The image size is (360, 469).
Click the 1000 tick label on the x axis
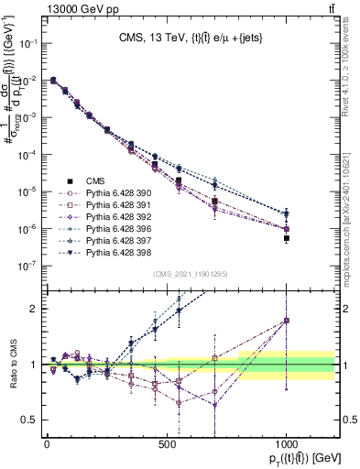click(287, 443)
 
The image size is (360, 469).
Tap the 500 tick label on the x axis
click(167, 443)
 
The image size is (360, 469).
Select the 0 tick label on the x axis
click(47, 443)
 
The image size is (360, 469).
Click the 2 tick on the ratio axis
click(30, 309)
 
